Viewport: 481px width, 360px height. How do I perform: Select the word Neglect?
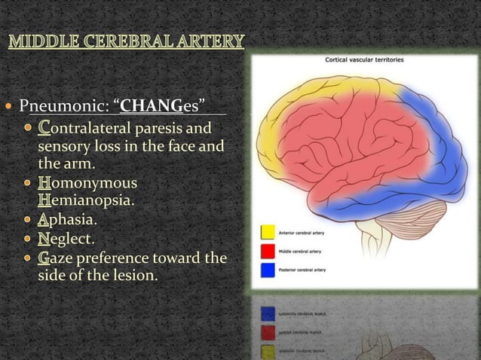click(68, 240)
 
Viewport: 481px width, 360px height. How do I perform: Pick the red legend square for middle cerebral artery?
click(267, 250)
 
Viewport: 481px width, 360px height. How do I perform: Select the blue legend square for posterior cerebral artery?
click(267, 267)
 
